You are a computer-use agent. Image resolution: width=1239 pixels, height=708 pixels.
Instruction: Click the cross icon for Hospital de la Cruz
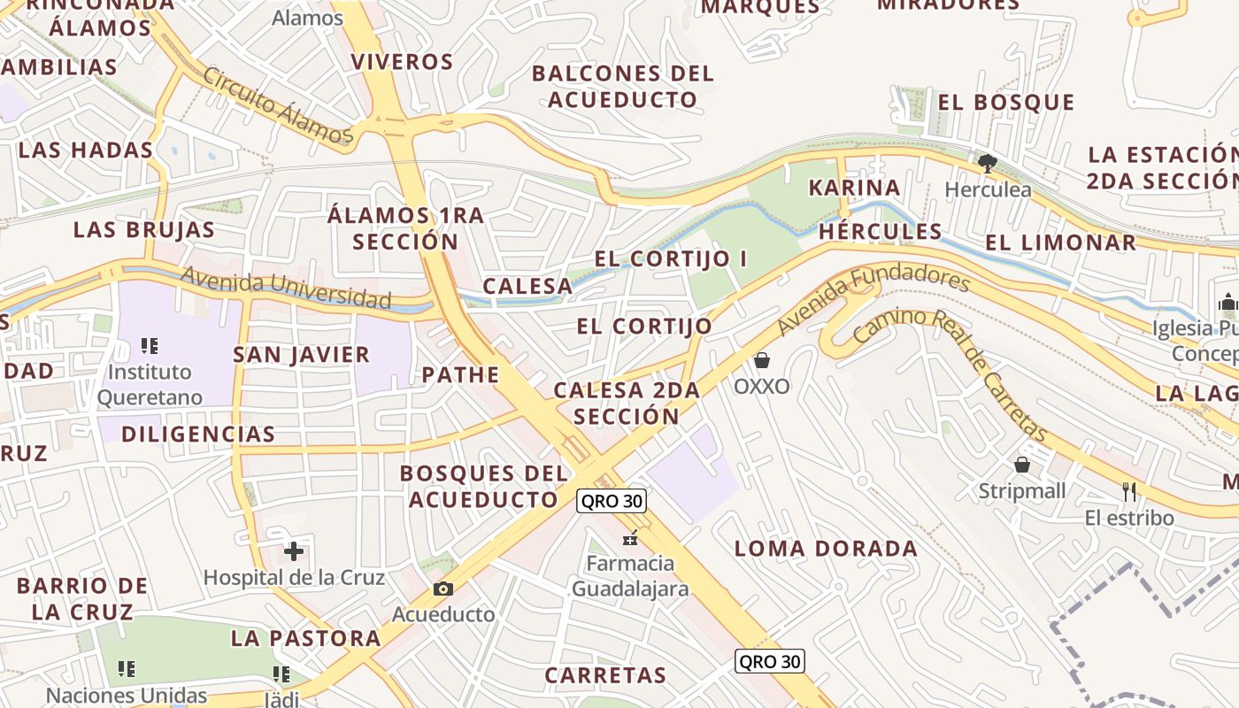(x=294, y=552)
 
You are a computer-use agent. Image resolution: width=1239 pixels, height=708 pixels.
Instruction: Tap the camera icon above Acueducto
(x=443, y=589)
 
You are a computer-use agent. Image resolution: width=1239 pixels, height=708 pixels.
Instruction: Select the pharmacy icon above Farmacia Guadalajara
(x=630, y=537)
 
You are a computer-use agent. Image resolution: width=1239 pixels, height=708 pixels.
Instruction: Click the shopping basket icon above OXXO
(x=762, y=360)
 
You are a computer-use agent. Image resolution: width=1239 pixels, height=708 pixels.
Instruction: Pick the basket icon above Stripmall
(x=1022, y=465)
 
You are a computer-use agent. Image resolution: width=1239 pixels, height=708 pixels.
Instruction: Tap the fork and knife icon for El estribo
(x=1129, y=491)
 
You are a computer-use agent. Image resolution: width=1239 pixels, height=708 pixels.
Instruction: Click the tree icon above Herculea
(x=988, y=163)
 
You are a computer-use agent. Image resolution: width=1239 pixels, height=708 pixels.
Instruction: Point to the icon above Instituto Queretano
(x=150, y=345)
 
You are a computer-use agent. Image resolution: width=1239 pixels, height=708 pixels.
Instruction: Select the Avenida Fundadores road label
(x=873, y=301)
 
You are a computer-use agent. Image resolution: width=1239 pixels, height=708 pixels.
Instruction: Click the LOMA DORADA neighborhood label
(x=826, y=549)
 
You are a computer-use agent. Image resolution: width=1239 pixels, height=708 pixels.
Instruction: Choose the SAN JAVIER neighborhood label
(x=301, y=355)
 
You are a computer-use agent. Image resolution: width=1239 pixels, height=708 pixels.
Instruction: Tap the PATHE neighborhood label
(x=460, y=374)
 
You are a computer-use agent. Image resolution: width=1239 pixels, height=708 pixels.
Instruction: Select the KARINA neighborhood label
(x=854, y=188)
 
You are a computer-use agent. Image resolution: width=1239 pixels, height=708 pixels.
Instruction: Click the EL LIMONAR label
(x=1060, y=242)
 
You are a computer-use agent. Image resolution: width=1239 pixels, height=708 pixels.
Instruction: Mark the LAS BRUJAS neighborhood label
(x=143, y=230)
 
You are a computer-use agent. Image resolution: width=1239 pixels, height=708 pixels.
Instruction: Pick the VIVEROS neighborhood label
(x=402, y=62)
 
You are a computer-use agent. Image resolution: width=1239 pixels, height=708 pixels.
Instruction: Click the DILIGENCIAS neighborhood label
(x=198, y=434)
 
